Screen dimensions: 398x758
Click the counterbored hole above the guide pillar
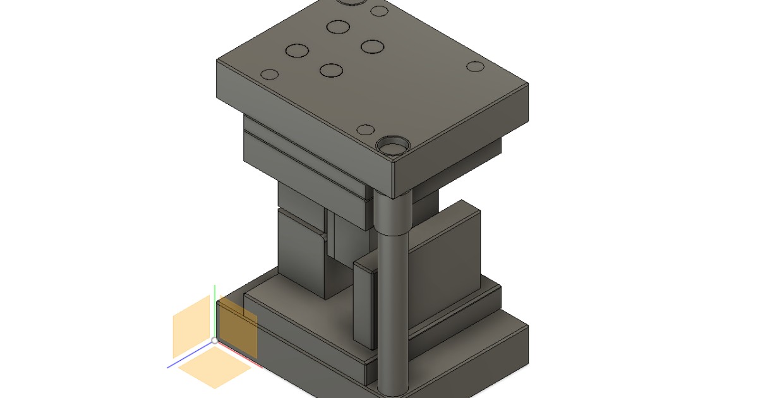click(393, 147)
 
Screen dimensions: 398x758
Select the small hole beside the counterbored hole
click(366, 130)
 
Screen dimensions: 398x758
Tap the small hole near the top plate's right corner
click(475, 66)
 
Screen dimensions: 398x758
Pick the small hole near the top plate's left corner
click(270, 74)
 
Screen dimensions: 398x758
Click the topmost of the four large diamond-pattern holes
click(338, 27)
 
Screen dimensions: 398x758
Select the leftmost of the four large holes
click(296, 51)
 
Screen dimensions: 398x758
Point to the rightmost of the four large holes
click(373, 46)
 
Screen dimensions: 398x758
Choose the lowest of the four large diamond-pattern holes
click(331, 69)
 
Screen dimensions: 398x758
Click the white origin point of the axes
click(215, 341)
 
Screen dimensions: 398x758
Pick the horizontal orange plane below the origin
click(215, 370)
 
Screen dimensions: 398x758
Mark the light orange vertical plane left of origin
click(191, 327)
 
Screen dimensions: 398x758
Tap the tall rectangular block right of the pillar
click(445, 265)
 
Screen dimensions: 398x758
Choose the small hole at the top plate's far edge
click(379, 11)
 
